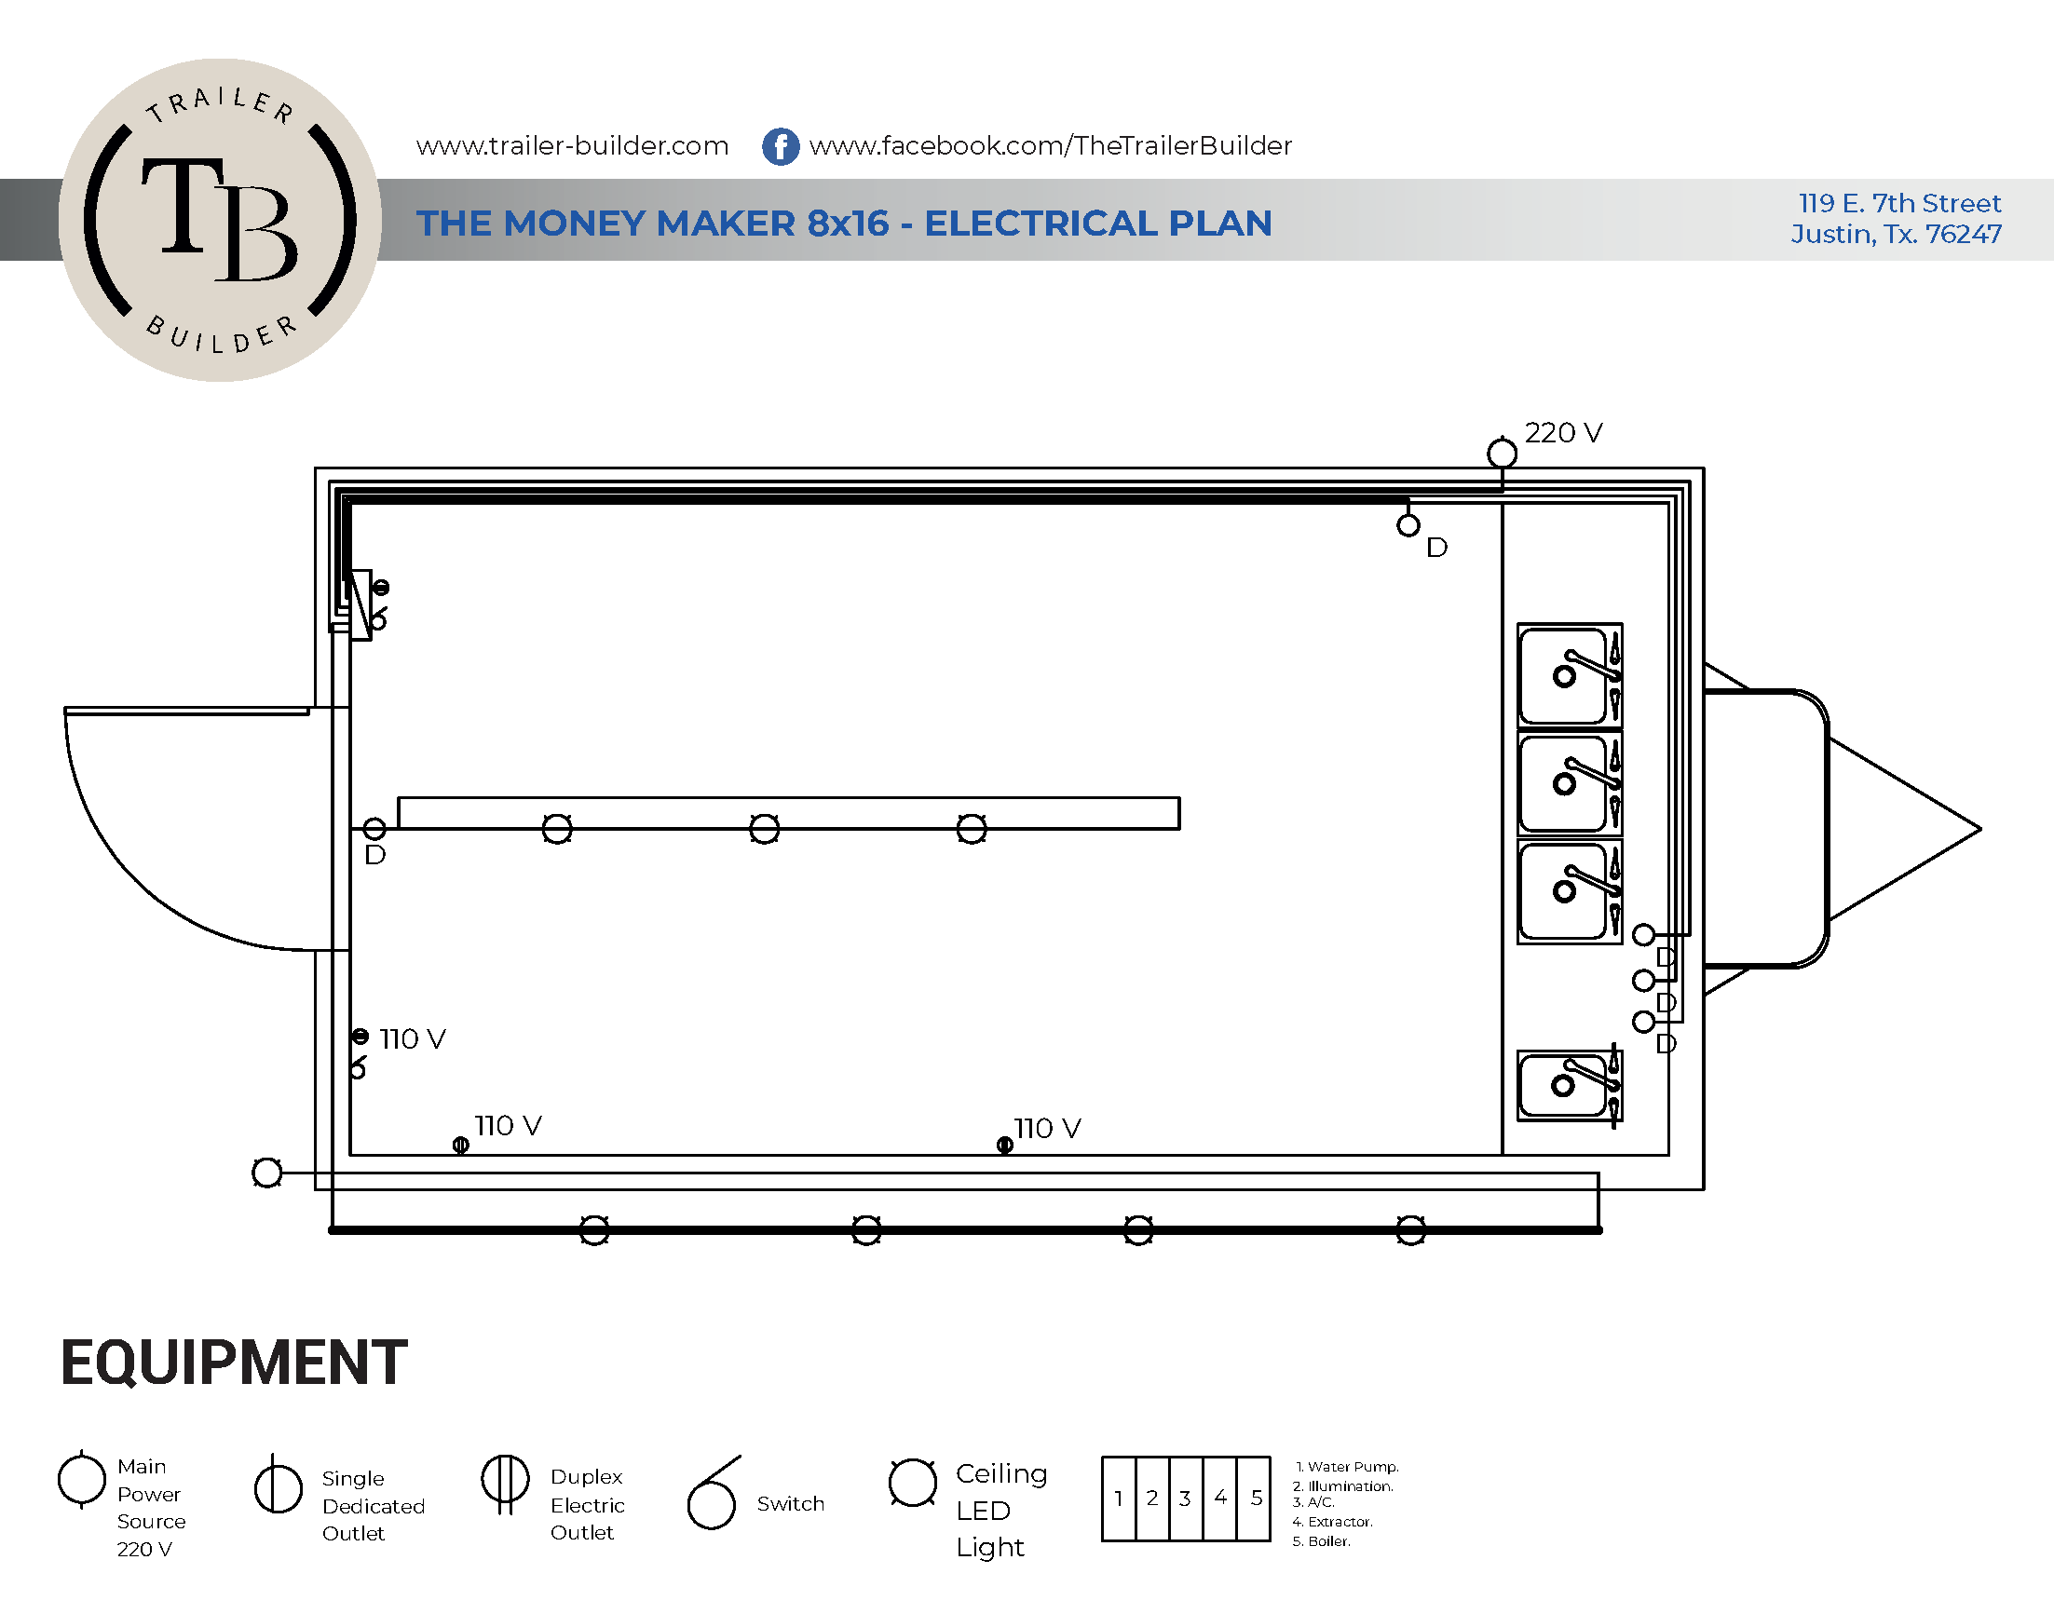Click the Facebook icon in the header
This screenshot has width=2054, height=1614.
coord(781,146)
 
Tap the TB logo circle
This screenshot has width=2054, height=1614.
coord(219,220)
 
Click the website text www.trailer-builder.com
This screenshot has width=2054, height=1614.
coord(572,145)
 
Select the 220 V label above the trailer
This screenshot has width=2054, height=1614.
coord(1563,433)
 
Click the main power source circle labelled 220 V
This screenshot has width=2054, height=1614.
coord(1502,454)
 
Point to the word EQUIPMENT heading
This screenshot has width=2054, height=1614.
coord(234,1363)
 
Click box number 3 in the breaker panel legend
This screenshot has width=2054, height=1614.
coord(1185,1498)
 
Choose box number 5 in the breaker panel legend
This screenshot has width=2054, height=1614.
coord(1256,1498)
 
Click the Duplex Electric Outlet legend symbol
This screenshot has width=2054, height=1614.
coord(506,1482)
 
